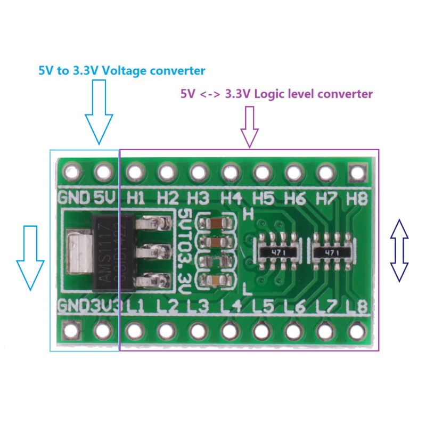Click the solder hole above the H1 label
135,172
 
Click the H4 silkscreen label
232,199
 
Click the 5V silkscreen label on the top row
104,199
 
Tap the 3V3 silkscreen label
104,307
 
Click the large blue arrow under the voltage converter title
99,112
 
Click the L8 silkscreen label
356,307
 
